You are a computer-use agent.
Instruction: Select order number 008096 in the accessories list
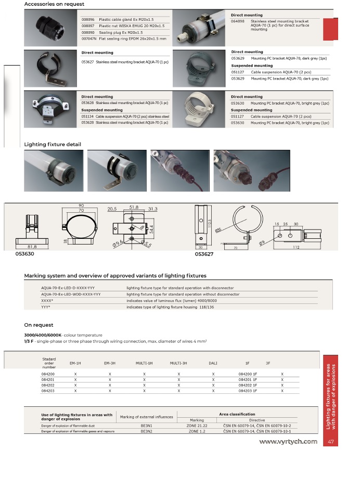(88, 19)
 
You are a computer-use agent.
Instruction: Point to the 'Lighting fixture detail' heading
(53, 144)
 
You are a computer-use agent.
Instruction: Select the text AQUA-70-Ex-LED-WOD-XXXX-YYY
(71, 294)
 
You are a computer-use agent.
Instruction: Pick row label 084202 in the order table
(48, 385)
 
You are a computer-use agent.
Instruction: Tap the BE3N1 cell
(146, 426)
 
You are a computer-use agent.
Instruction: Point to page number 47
(331, 442)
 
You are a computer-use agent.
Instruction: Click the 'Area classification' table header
(237, 414)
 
